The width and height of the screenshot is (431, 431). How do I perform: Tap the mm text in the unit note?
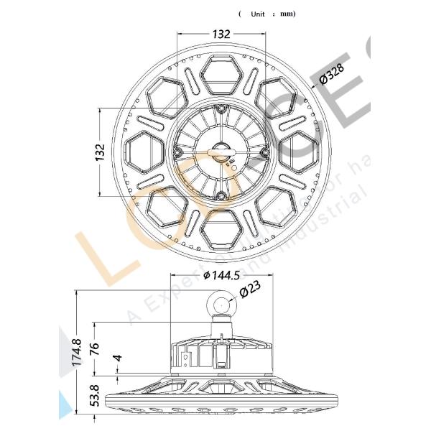tap(287, 14)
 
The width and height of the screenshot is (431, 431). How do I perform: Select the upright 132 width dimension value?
tap(221, 33)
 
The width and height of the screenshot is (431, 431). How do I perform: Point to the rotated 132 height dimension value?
tap(100, 152)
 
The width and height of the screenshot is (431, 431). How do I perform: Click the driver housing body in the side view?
tap(221, 356)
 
